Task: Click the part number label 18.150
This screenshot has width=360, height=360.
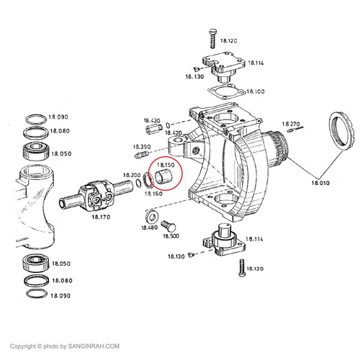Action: click(166, 166)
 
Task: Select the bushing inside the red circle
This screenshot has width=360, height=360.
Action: click(162, 178)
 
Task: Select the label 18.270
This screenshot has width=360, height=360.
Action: click(290, 124)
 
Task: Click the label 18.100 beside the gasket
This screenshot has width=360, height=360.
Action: click(255, 92)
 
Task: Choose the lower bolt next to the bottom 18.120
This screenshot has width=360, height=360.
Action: click(240, 270)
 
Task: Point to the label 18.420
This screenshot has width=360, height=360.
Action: click(174, 133)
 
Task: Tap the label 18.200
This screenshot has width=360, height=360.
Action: click(132, 175)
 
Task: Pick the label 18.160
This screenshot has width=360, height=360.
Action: click(153, 194)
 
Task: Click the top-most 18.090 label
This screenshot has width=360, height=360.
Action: click(58, 117)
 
